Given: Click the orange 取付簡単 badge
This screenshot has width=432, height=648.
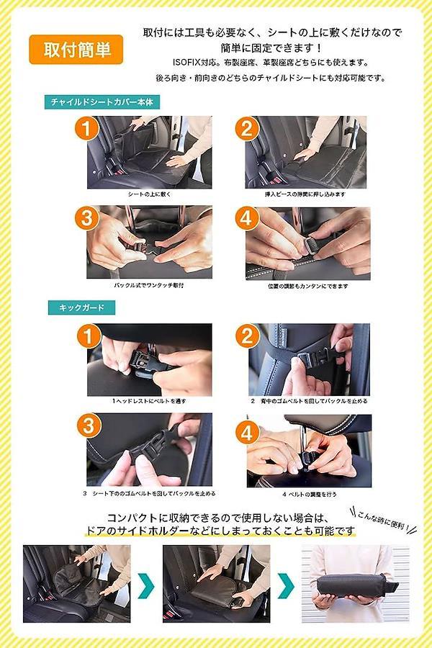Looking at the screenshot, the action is pos(76,50).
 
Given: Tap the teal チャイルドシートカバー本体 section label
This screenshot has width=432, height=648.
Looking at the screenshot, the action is pos(102,102).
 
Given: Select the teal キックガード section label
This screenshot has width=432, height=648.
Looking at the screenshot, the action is pos(81,308).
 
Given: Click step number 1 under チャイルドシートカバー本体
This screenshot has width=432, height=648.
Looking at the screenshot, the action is pos(86,128).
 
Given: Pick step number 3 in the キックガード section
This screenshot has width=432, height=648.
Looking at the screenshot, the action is pos(89,426).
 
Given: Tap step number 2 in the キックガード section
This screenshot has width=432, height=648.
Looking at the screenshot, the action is pos(247,336).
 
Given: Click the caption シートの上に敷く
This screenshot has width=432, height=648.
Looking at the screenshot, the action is pos(149,194).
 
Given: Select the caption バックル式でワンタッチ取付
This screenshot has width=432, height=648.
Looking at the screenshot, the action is pos(149,285).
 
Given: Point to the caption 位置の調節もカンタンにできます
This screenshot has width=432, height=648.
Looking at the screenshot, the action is pos(308,286).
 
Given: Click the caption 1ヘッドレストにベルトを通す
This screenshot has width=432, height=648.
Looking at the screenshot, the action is pos(149,401).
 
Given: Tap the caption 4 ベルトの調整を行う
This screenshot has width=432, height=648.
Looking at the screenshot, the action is pos(310,494).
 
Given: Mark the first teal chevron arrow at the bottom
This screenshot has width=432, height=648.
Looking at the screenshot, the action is pos(146,585).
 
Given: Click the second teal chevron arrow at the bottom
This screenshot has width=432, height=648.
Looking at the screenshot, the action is pos(286,585).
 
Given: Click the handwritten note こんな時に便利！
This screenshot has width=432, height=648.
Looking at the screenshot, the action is pos(384,520).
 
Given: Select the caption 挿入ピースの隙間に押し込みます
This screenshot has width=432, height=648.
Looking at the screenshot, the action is pos(305,194).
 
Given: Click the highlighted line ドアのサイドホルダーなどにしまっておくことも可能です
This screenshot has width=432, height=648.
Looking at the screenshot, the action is pos(220,531).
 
